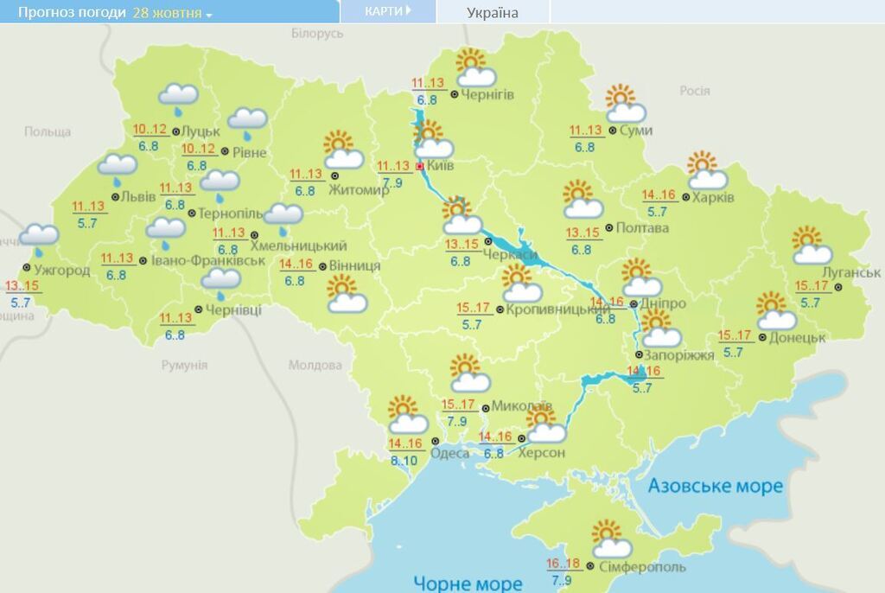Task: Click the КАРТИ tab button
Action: pos(386,11)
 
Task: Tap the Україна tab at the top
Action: pos(493,12)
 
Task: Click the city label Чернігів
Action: pos(488,94)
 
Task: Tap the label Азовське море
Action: pos(716,486)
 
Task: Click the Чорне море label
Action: pos(468,583)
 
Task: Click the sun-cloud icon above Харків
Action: pos(707,170)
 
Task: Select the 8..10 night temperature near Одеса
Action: pos(403,460)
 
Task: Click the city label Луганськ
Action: pos(851,273)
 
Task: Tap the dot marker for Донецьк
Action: pos(762,338)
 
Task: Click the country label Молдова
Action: pos(315,365)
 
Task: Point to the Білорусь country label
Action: pos(317,33)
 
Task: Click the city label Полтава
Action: pos(643,228)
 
